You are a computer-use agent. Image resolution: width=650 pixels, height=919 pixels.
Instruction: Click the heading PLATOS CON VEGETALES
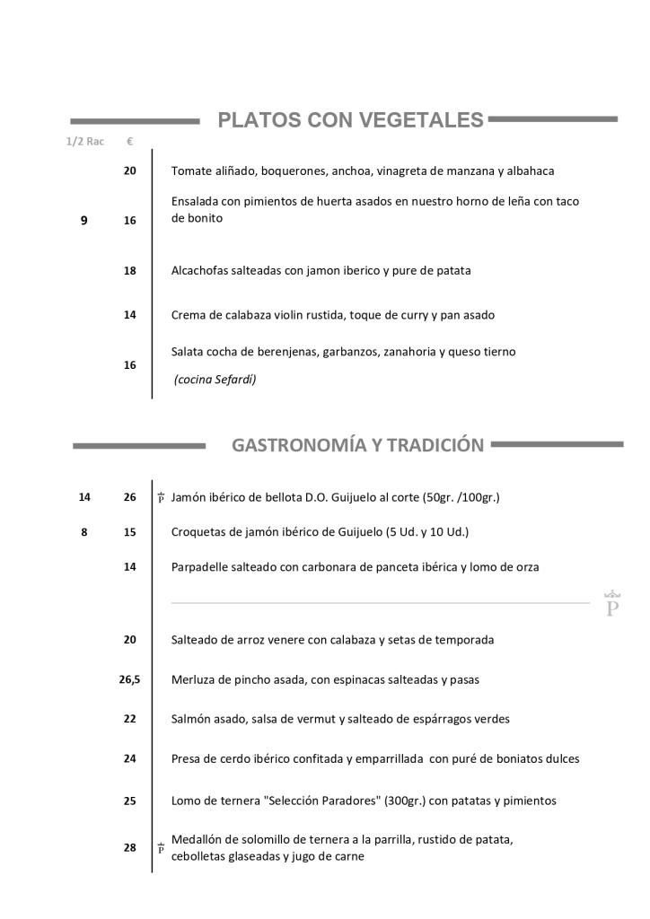click(x=350, y=120)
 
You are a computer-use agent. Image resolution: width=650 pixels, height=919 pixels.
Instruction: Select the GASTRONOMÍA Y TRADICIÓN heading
click(x=357, y=445)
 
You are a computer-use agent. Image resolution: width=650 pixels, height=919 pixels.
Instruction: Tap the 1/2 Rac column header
click(x=84, y=142)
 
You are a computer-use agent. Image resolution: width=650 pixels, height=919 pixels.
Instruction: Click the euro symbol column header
click(x=130, y=142)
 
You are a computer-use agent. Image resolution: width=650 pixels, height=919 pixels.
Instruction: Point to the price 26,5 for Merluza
click(x=129, y=679)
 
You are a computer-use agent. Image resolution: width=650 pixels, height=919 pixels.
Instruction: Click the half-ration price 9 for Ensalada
click(x=84, y=220)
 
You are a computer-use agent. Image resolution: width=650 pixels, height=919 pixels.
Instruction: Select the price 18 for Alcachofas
click(x=130, y=270)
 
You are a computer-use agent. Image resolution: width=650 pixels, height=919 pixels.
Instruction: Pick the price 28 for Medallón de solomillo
click(x=130, y=848)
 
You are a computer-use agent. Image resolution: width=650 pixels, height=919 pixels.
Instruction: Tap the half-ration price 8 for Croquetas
click(x=84, y=532)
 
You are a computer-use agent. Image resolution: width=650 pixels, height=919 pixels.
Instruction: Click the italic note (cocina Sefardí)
click(x=215, y=380)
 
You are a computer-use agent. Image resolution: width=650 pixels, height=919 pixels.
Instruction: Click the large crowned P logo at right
click(x=613, y=604)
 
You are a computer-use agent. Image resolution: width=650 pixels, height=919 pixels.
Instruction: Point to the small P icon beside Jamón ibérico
click(x=161, y=497)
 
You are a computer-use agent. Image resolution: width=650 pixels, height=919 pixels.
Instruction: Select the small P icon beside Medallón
click(x=161, y=848)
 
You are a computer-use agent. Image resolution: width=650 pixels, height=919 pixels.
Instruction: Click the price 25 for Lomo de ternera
click(x=130, y=801)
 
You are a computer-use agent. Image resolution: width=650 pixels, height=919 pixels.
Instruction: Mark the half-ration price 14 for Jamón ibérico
click(x=84, y=497)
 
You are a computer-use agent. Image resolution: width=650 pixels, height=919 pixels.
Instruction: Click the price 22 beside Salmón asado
click(x=130, y=719)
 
